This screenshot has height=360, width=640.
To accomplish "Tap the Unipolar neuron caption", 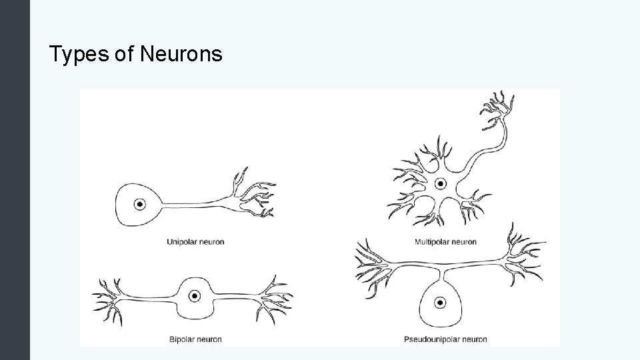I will point(195,242).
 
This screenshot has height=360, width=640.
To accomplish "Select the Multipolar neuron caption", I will point(445,242).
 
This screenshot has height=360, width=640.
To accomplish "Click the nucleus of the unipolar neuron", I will point(140,205).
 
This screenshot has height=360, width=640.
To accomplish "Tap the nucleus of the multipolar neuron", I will point(440,183).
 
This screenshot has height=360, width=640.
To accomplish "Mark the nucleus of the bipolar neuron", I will point(195,295).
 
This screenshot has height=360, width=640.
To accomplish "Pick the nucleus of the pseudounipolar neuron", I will point(440,302).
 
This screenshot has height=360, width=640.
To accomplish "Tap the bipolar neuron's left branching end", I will point(110,297).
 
